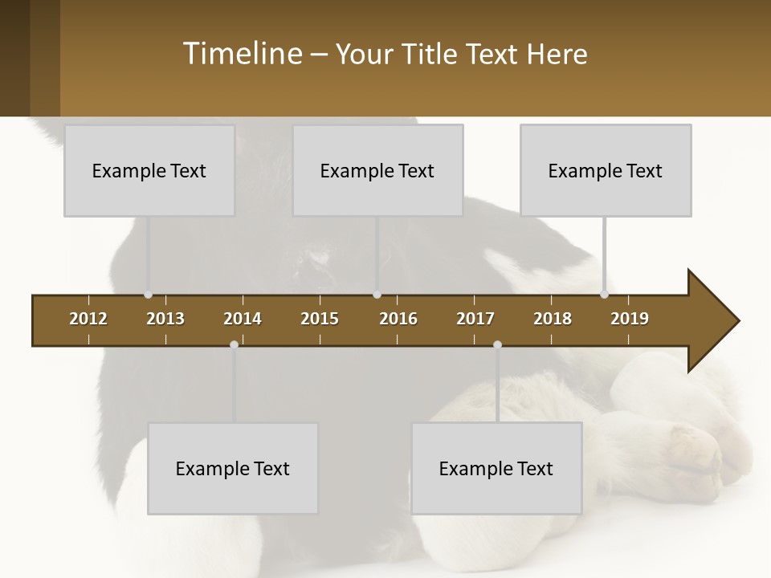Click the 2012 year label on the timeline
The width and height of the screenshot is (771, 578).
pos(88,319)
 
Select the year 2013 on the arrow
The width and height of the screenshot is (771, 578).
pos(165,319)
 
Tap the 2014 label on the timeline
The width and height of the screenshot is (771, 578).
pos(243,319)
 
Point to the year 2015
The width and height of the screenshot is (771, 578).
pos(320,319)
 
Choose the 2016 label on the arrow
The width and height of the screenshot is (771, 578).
pos(398,319)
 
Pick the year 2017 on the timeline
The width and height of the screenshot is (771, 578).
pos(475,319)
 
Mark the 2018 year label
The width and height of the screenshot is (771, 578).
pos(553,319)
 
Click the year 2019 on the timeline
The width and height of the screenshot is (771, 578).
pos(630,319)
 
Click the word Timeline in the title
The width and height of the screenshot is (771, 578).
pos(241,54)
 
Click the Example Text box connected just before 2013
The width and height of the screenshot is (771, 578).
pos(149,170)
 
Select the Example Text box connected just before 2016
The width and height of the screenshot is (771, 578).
pos(377,170)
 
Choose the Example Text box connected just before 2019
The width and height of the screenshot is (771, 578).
pos(606,170)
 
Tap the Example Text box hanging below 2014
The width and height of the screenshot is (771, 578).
pos(233,468)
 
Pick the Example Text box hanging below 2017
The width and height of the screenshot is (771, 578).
pos(496,468)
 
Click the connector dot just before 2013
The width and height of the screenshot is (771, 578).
pos(148,295)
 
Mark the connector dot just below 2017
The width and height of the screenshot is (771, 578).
pos(497,344)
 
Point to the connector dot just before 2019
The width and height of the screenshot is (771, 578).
pos(604,295)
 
